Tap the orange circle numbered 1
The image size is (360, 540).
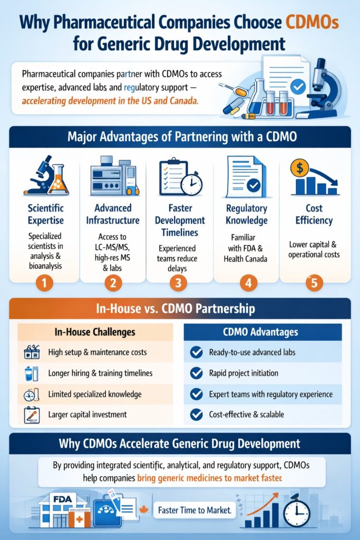click(x=44, y=283)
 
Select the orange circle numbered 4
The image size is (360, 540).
click(x=247, y=283)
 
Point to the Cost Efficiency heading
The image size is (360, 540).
click(x=314, y=214)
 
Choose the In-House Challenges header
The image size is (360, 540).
click(x=95, y=332)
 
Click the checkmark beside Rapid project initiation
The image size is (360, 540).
click(x=196, y=373)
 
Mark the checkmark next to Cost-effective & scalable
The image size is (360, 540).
click(x=196, y=414)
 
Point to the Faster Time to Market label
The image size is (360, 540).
click(x=195, y=510)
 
